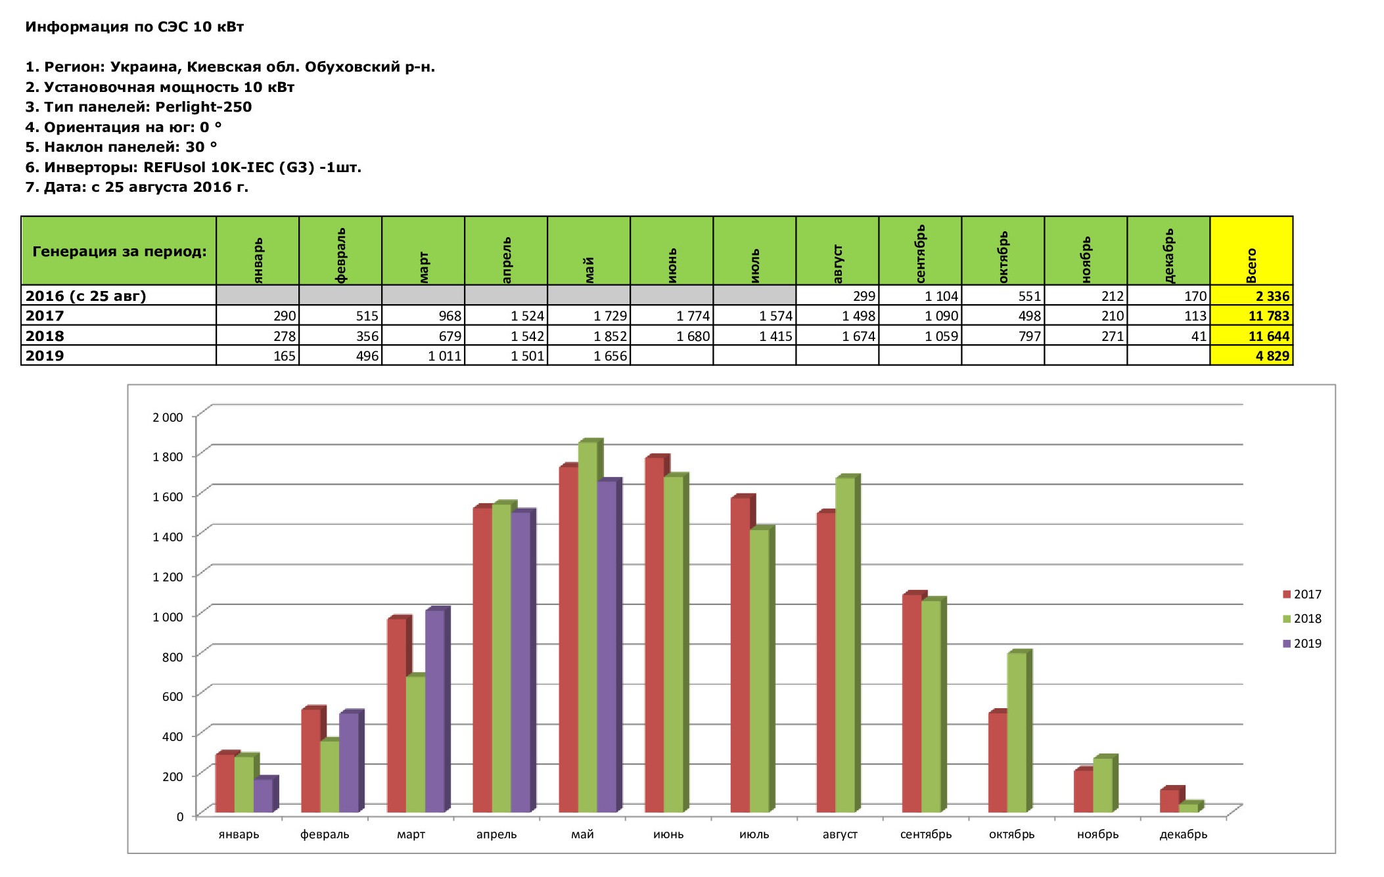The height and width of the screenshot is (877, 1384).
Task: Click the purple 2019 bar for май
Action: coord(607,647)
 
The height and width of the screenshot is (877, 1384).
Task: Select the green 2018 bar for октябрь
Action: coord(1016,732)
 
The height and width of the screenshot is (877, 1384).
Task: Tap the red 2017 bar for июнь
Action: coord(654,635)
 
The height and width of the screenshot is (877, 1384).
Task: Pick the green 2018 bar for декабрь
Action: coord(1188,807)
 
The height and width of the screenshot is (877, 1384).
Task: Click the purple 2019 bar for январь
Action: coord(263,796)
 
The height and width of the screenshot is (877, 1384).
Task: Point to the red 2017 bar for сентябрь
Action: coord(911,704)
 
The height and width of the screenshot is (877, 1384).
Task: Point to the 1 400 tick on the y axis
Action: coord(168,537)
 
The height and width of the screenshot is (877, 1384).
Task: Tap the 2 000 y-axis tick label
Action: coord(168,417)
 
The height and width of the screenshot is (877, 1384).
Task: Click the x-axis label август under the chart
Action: coord(840,834)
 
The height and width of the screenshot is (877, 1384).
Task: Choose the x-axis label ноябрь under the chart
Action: coord(1097,834)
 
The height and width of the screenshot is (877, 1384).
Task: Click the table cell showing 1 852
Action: coord(589,336)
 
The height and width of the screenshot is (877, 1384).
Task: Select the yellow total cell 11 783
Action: coord(1251,316)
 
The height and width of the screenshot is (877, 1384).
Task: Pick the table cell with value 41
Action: coord(1168,336)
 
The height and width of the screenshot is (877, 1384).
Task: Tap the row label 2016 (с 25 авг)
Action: coord(86,296)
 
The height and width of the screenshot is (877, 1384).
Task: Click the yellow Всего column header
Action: coord(1251,251)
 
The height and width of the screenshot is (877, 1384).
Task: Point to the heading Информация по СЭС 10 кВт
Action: coord(135,27)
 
